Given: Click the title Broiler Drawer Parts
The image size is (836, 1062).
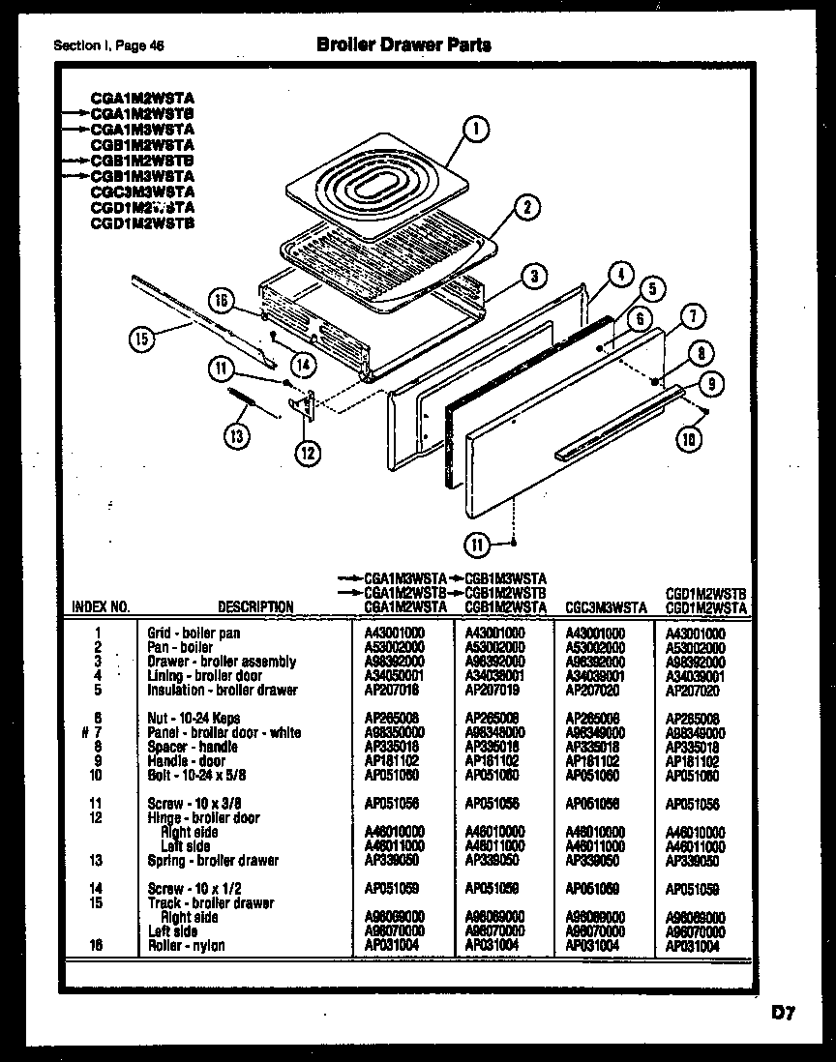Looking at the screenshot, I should (x=403, y=44).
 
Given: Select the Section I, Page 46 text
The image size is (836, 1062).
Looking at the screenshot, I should (x=108, y=45).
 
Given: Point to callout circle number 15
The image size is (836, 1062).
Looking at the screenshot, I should (x=142, y=339).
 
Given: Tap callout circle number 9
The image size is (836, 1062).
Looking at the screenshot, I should (x=711, y=383).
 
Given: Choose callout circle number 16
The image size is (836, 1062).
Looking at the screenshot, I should (x=221, y=302).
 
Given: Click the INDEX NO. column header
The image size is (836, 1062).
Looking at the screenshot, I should (x=101, y=606).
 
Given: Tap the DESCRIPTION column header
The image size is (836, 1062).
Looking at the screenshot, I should (x=255, y=606).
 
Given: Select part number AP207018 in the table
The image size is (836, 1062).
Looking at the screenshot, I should (x=393, y=690).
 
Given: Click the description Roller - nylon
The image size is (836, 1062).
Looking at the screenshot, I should (x=186, y=945).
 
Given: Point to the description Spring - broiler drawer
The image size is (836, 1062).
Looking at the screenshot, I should (x=213, y=860).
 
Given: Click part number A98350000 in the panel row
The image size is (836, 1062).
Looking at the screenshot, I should (x=394, y=733).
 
